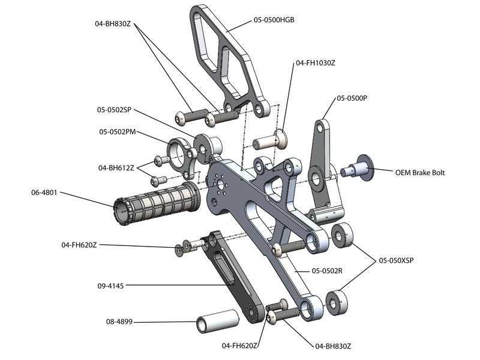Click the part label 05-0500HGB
click(274, 20)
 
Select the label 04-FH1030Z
click(316, 62)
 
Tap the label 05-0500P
click(352, 98)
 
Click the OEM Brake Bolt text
click(420, 172)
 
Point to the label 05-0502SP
click(114, 110)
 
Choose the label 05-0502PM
click(118, 131)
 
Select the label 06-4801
click(44, 193)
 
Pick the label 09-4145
click(110, 286)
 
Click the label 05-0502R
click(326, 271)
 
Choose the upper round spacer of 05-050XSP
click(343, 235)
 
